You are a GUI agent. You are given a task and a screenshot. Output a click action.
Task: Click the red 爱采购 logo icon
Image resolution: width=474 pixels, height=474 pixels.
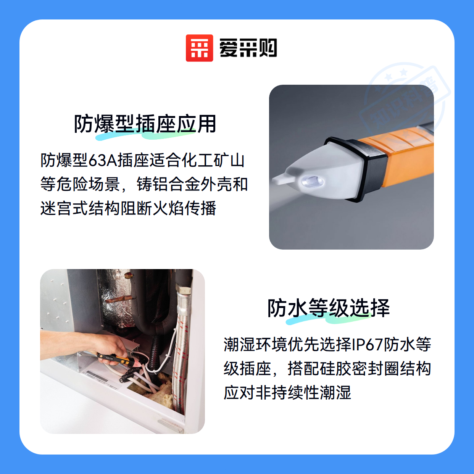click(x=199, y=48)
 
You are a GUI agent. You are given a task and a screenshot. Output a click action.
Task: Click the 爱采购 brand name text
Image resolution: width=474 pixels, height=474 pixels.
click(x=248, y=48)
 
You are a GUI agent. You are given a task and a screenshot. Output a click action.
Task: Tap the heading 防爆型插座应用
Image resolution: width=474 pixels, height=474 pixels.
click(x=145, y=124)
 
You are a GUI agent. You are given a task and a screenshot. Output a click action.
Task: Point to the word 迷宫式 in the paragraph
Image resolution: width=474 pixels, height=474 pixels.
click(x=64, y=208)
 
